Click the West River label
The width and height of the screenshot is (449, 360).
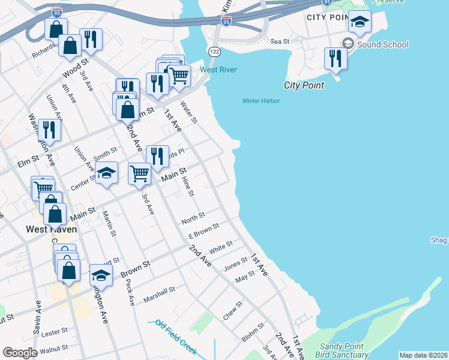218,70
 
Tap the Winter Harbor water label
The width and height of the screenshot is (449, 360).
261,101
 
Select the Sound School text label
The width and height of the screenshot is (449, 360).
382,44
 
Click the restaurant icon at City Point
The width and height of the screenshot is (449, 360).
335,59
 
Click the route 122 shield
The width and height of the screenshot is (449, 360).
214,52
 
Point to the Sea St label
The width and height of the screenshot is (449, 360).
280,41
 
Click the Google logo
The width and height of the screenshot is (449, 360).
20,353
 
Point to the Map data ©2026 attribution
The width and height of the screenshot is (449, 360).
423,355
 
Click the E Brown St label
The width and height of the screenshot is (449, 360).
203,230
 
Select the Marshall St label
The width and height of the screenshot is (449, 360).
159,294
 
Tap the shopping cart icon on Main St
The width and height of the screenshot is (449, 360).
139,173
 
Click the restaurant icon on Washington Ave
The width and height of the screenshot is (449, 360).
49,130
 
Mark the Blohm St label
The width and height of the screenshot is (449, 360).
252,331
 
